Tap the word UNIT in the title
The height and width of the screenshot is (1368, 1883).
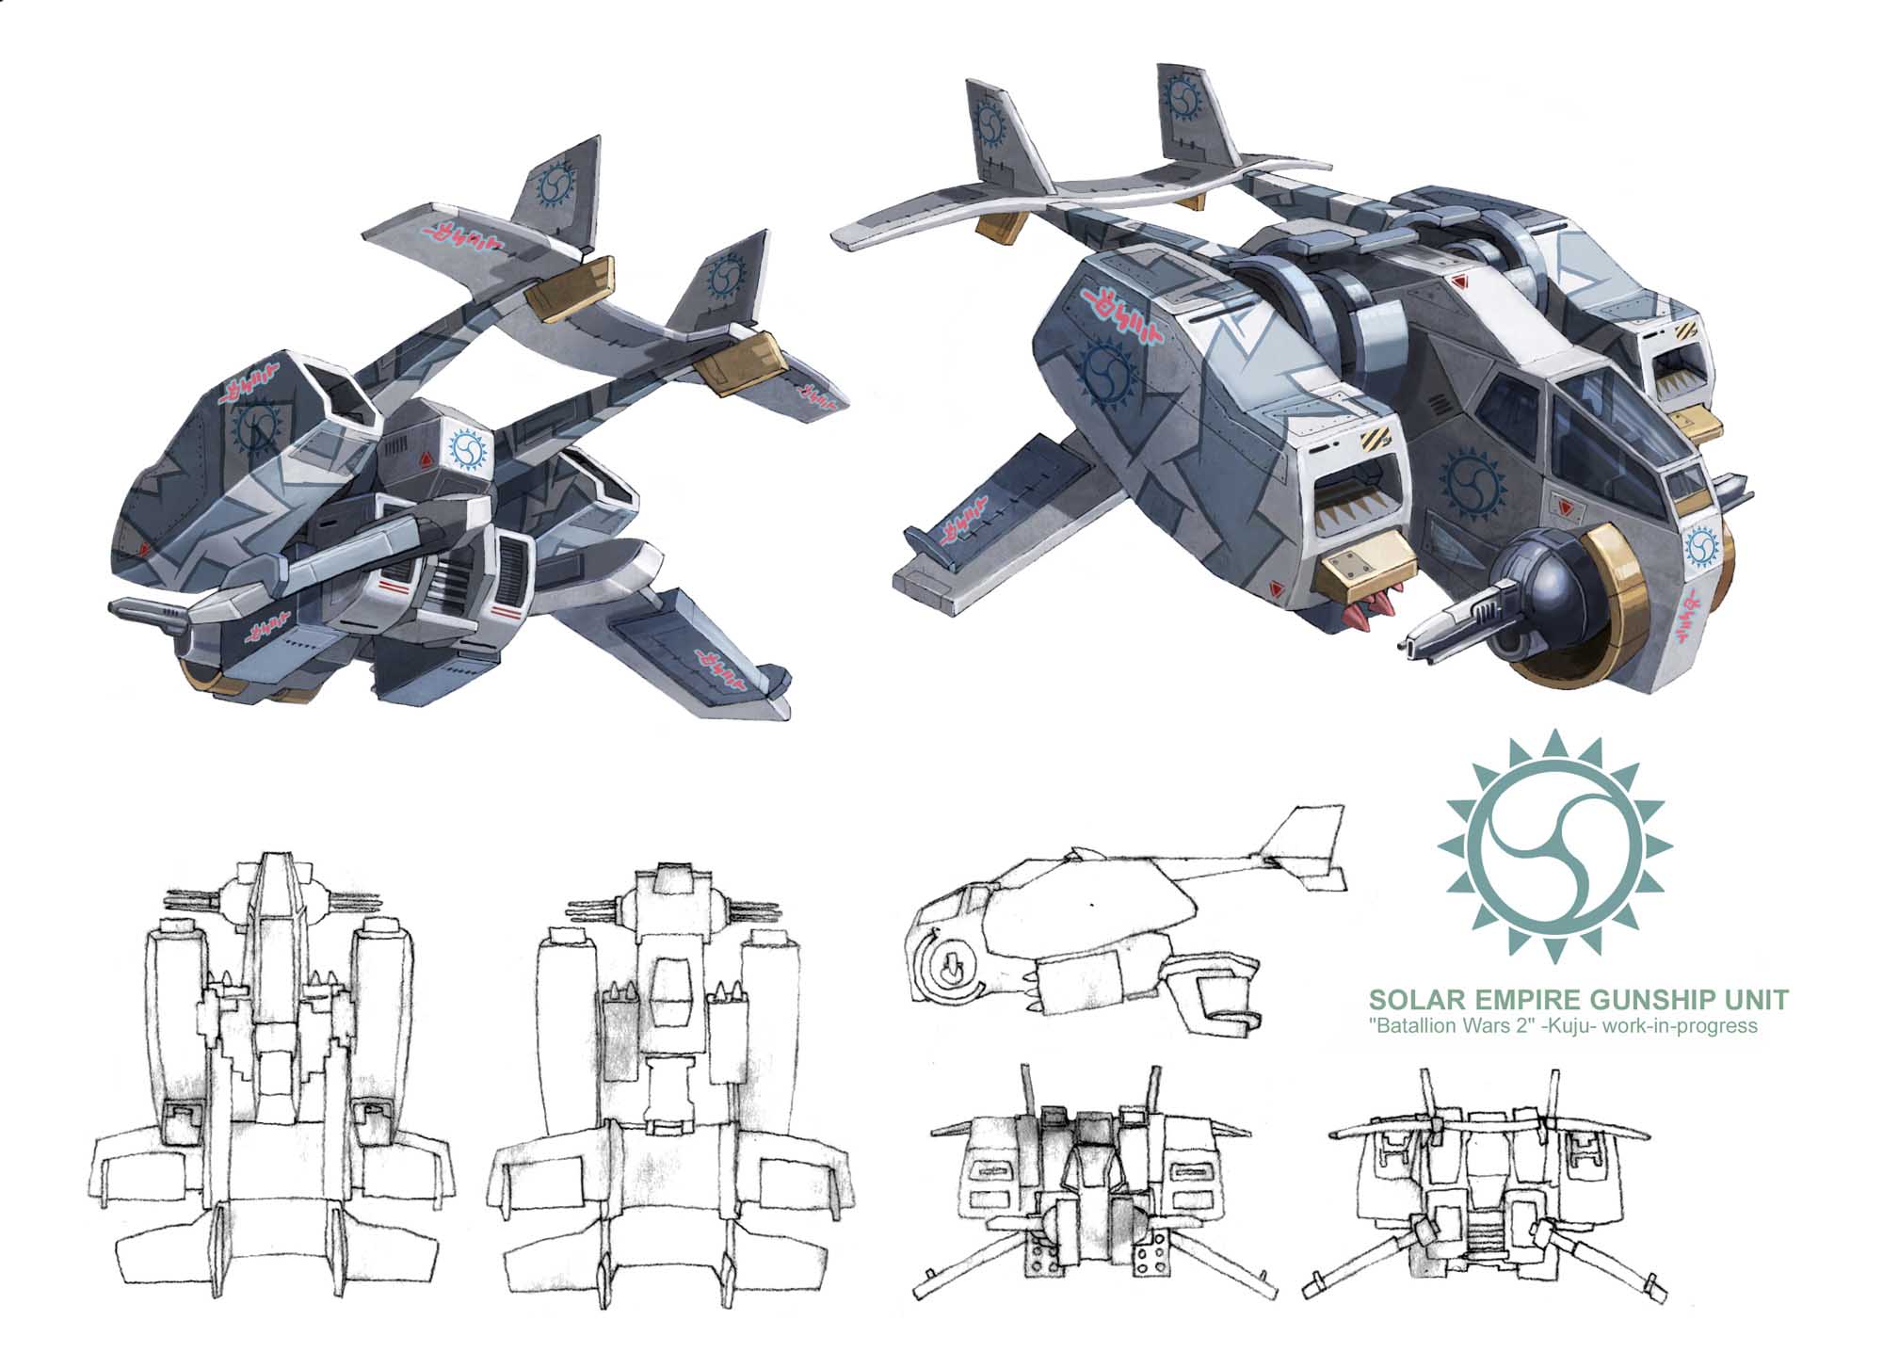(1760, 1000)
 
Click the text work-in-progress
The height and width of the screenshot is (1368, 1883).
(1690, 1026)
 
